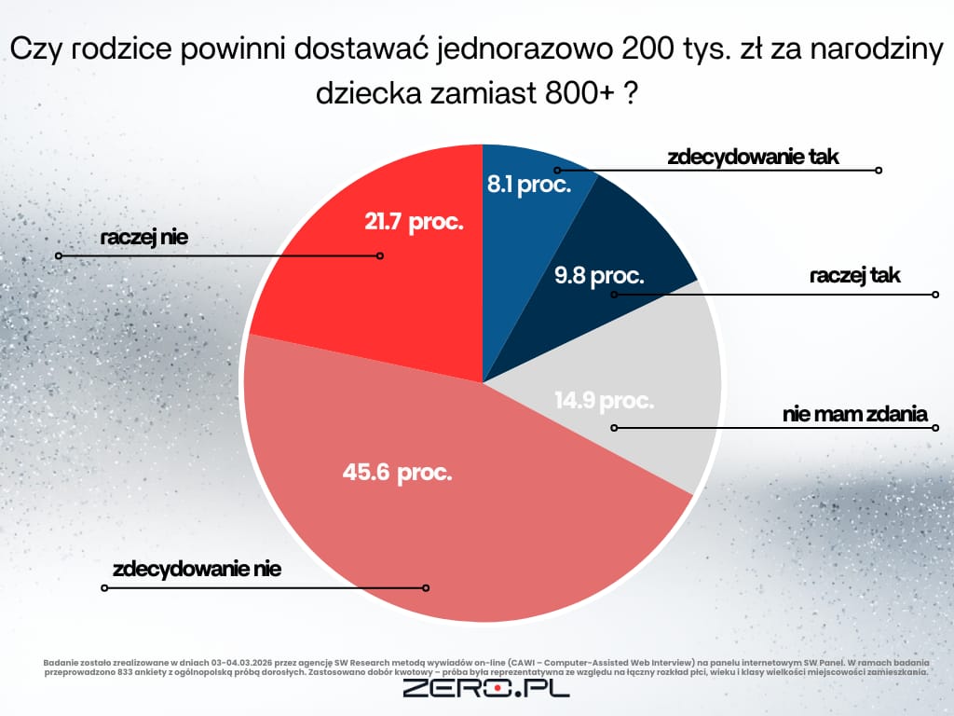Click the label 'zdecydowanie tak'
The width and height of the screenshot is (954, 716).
pyautogui.click(x=754, y=157)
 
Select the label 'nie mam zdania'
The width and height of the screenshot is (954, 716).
pyautogui.click(x=855, y=414)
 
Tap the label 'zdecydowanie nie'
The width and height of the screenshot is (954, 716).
pyautogui.click(x=197, y=569)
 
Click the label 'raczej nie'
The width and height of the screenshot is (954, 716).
pyautogui.click(x=144, y=237)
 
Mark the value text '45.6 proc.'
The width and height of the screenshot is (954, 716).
pyautogui.click(x=398, y=473)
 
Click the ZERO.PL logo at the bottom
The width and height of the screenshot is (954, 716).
pyautogui.click(x=485, y=689)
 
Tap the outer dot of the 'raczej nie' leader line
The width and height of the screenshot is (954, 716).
pyautogui.click(x=58, y=255)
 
